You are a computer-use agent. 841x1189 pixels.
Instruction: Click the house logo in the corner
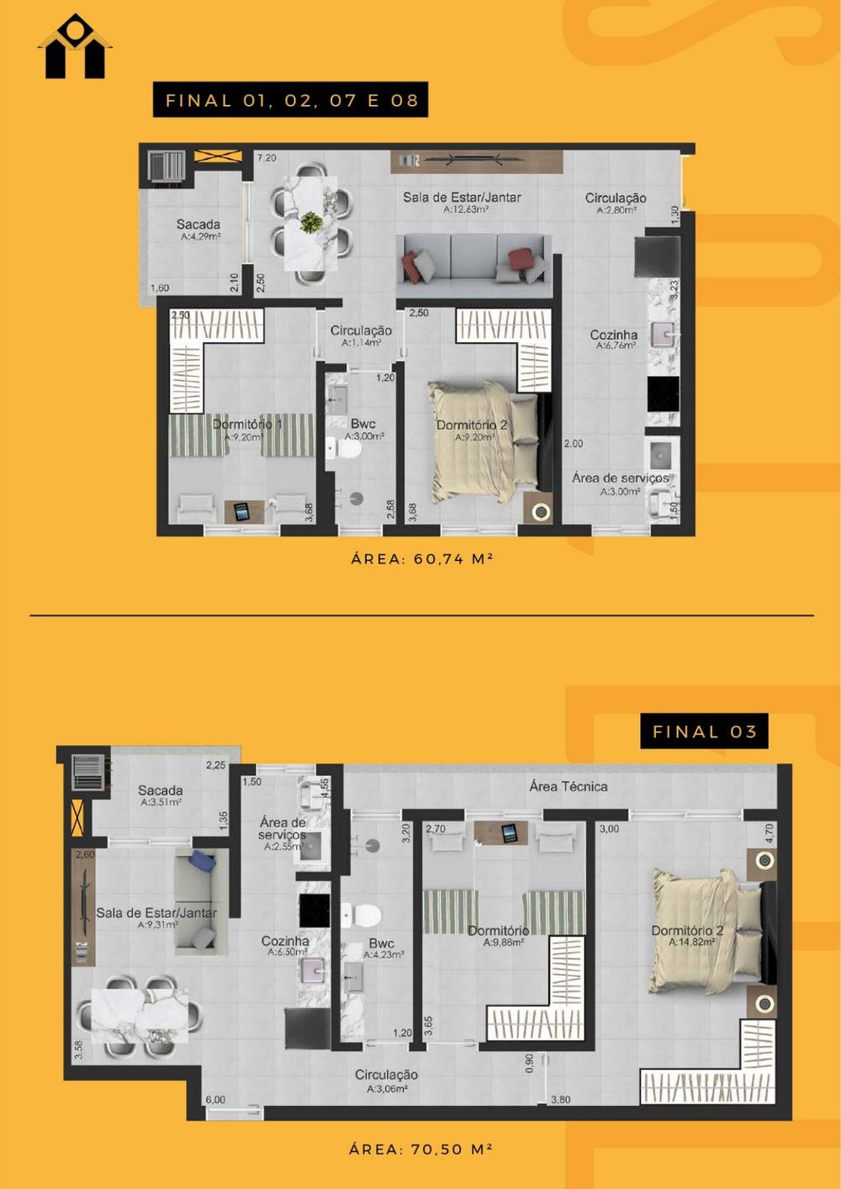click(x=75, y=47)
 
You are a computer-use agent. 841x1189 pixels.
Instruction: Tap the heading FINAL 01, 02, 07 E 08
click(x=291, y=100)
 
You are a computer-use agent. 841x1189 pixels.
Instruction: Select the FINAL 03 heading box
click(x=705, y=732)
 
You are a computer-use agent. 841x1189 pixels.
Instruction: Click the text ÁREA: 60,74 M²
click(x=421, y=558)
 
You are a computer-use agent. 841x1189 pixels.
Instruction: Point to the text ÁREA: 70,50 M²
click(x=420, y=1149)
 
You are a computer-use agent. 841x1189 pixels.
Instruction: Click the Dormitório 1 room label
click(x=246, y=425)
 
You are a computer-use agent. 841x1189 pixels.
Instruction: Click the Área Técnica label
click(x=569, y=786)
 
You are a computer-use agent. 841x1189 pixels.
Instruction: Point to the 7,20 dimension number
click(x=267, y=157)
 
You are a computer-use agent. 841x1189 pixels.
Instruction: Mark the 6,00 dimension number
click(x=215, y=1100)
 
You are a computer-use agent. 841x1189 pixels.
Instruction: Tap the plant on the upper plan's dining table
click(x=311, y=222)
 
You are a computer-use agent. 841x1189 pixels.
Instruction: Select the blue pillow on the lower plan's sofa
click(x=202, y=859)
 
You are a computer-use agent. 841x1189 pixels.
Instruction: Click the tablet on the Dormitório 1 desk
click(x=242, y=512)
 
